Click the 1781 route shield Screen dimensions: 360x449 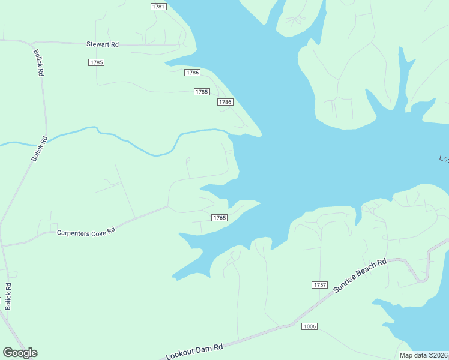158,7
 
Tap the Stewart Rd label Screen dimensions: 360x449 103,44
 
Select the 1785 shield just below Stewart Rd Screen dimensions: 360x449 96,62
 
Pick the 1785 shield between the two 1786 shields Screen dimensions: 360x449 202,92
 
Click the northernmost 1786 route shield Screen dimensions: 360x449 191,73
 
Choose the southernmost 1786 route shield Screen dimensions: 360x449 224,102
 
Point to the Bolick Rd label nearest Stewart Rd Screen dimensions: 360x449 40,62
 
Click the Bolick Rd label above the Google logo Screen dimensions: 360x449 8,296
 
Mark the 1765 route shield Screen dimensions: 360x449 219,218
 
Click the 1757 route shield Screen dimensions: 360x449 319,284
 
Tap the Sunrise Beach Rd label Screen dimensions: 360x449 360,276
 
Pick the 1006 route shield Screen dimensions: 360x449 309,326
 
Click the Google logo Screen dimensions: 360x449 20,353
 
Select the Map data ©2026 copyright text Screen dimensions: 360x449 423,355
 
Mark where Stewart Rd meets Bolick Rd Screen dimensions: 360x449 31,43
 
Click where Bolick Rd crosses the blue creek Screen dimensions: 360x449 46,139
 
